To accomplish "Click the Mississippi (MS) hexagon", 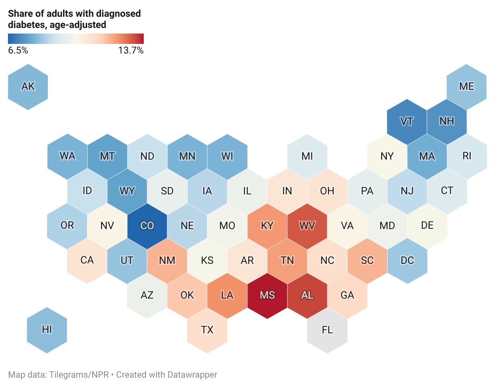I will (x=267, y=295).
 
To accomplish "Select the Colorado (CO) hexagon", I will (x=147, y=226).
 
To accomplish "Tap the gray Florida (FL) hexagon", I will (x=327, y=330).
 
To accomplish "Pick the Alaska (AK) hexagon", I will (x=28, y=87).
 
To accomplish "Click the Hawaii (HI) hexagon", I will (x=47, y=330).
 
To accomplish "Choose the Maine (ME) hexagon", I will (x=466, y=87).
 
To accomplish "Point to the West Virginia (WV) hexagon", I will (x=307, y=226).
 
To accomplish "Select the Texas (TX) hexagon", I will (x=207, y=330).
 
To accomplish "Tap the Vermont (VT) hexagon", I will (x=406, y=121).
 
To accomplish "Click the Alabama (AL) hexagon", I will (x=307, y=295).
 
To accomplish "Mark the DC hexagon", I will (x=407, y=261).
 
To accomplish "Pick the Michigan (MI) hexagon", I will (x=307, y=156).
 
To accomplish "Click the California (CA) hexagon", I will (x=87, y=261).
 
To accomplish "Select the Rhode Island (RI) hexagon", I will (x=467, y=156).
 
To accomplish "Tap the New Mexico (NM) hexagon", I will (x=167, y=261).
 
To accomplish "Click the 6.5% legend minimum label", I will (x=18, y=50).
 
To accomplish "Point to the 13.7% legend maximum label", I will (x=131, y=50).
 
